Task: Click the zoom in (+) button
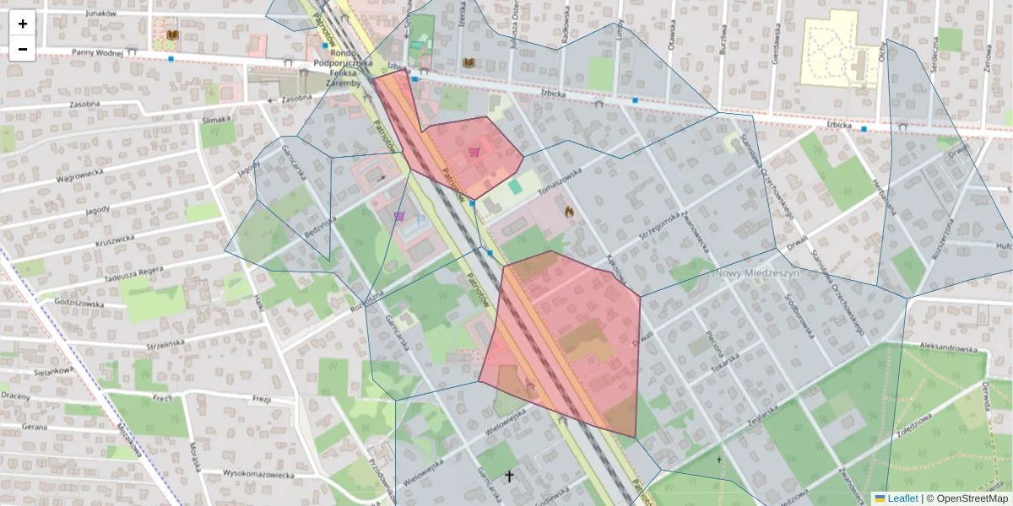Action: pyautogui.click(x=23, y=24)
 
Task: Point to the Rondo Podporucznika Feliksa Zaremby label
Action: pyautogui.click(x=337, y=63)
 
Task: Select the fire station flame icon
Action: pyautogui.click(x=570, y=213)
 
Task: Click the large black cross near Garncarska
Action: pyautogui.click(x=509, y=476)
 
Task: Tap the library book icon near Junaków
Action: pyautogui.click(x=173, y=34)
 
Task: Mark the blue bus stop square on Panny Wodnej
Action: pyautogui.click(x=171, y=59)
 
